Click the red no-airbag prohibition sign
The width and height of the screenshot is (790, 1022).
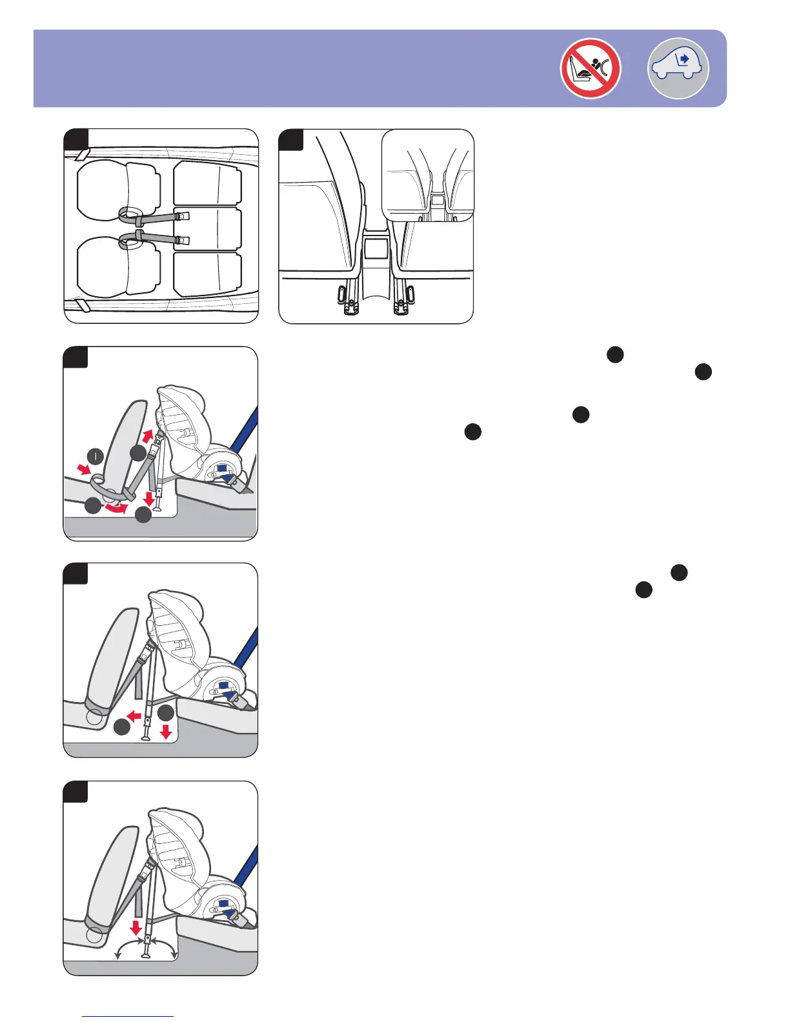tap(591, 68)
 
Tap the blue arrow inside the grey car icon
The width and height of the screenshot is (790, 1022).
tap(685, 59)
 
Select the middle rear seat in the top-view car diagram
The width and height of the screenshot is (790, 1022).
tap(207, 229)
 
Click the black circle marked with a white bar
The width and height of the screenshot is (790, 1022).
tap(96, 457)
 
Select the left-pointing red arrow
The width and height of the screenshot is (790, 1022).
tap(134, 716)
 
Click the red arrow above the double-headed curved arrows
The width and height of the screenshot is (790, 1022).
tap(136, 928)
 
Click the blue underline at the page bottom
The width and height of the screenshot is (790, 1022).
tap(128, 1016)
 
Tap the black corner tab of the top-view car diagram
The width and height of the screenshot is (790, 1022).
tap(76, 139)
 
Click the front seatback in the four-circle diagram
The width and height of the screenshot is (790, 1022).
tap(120, 445)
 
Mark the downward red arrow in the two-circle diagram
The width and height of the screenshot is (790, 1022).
tap(166, 731)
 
